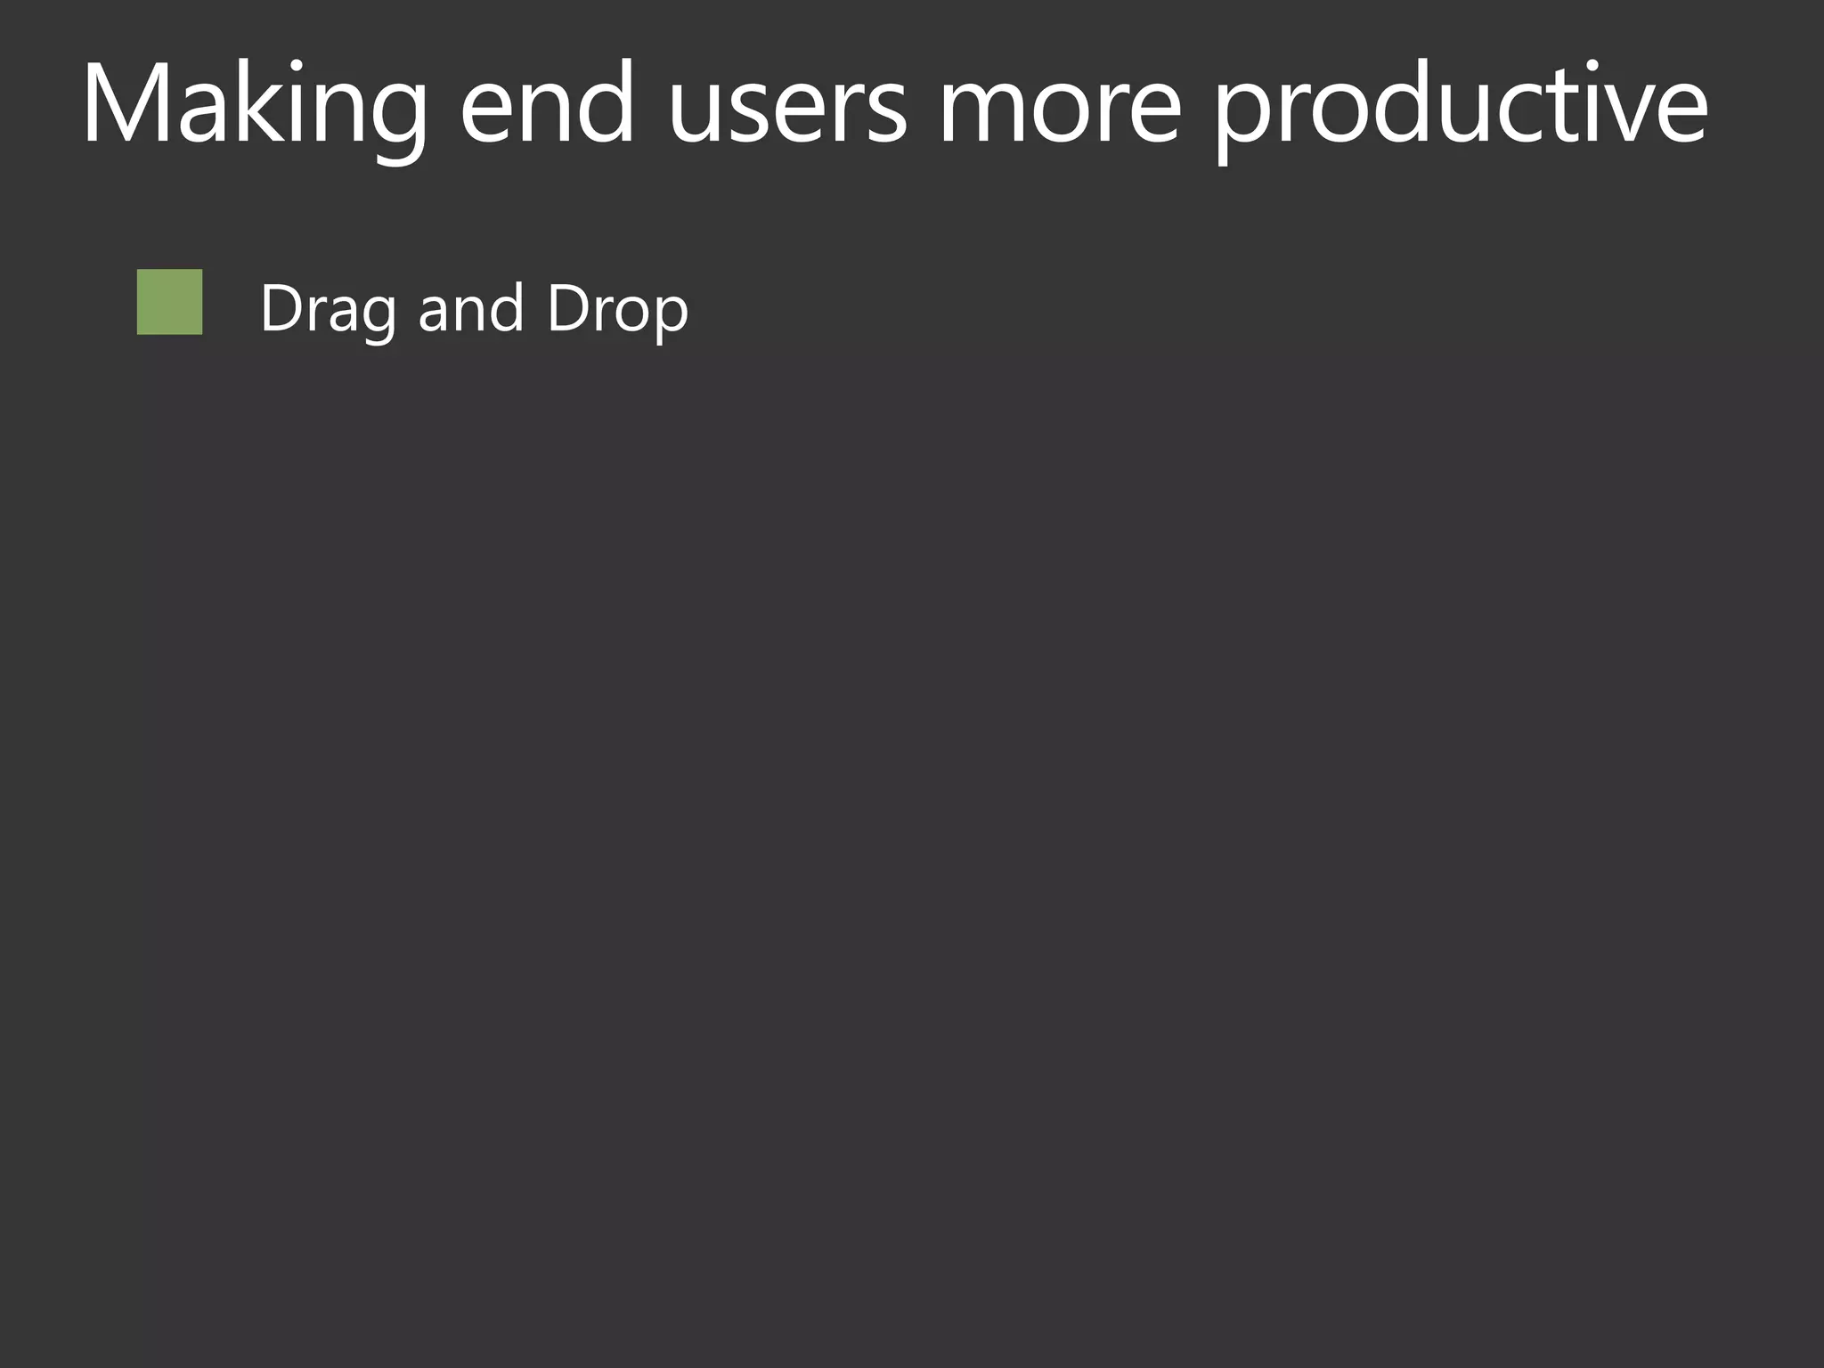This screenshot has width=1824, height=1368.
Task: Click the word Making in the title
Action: pos(254,105)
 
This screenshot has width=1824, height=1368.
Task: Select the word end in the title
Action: pos(547,105)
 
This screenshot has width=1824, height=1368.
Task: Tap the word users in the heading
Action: pos(787,105)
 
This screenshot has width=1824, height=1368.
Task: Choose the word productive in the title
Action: pos(1461,105)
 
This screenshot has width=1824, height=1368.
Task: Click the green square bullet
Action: pos(169,302)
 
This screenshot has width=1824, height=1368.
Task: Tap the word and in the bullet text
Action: pos(470,309)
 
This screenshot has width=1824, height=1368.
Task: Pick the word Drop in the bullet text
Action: pos(617,309)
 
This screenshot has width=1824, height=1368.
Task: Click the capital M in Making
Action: pos(127,102)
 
